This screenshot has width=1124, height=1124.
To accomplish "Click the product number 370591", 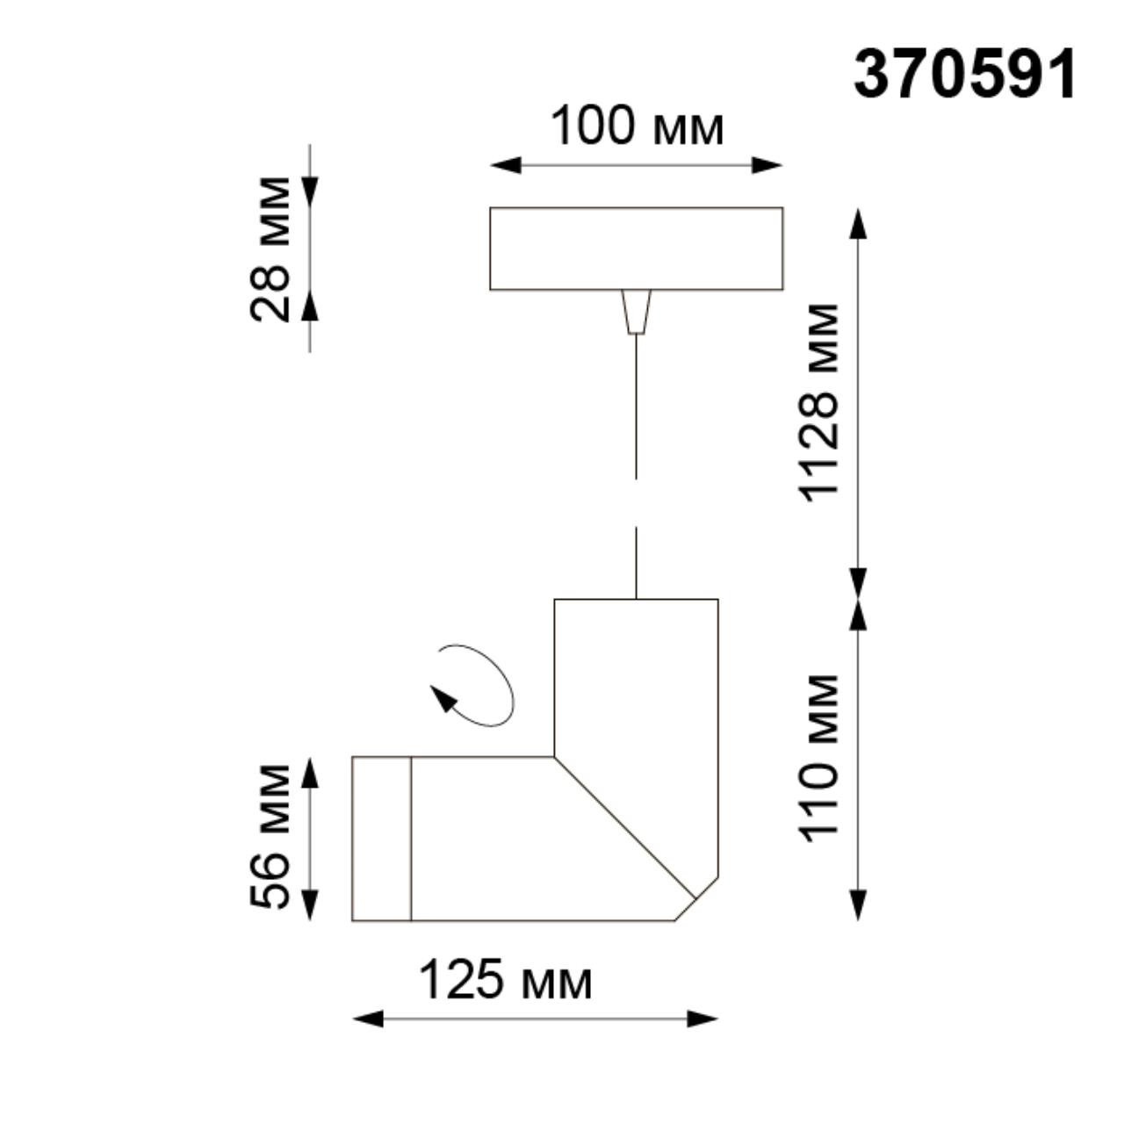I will coord(963,75).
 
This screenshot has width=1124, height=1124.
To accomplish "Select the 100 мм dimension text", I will coord(637,126).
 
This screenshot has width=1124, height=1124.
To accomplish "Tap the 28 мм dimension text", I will coord(270,249).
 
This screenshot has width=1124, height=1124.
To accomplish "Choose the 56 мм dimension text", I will coord(270,837).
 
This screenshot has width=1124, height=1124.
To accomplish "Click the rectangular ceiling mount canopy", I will coord(636,249).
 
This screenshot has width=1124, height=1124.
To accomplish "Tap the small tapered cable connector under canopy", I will coord(636,312).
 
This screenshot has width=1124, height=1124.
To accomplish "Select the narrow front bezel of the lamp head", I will coord(381,838).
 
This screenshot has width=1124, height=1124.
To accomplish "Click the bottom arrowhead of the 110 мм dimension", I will coord(858,905).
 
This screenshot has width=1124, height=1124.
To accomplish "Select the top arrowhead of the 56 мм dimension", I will coord(309,772).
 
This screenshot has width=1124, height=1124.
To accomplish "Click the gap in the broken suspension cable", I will coord(636,503).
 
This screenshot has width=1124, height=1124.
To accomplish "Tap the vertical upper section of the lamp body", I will coord(636,676).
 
